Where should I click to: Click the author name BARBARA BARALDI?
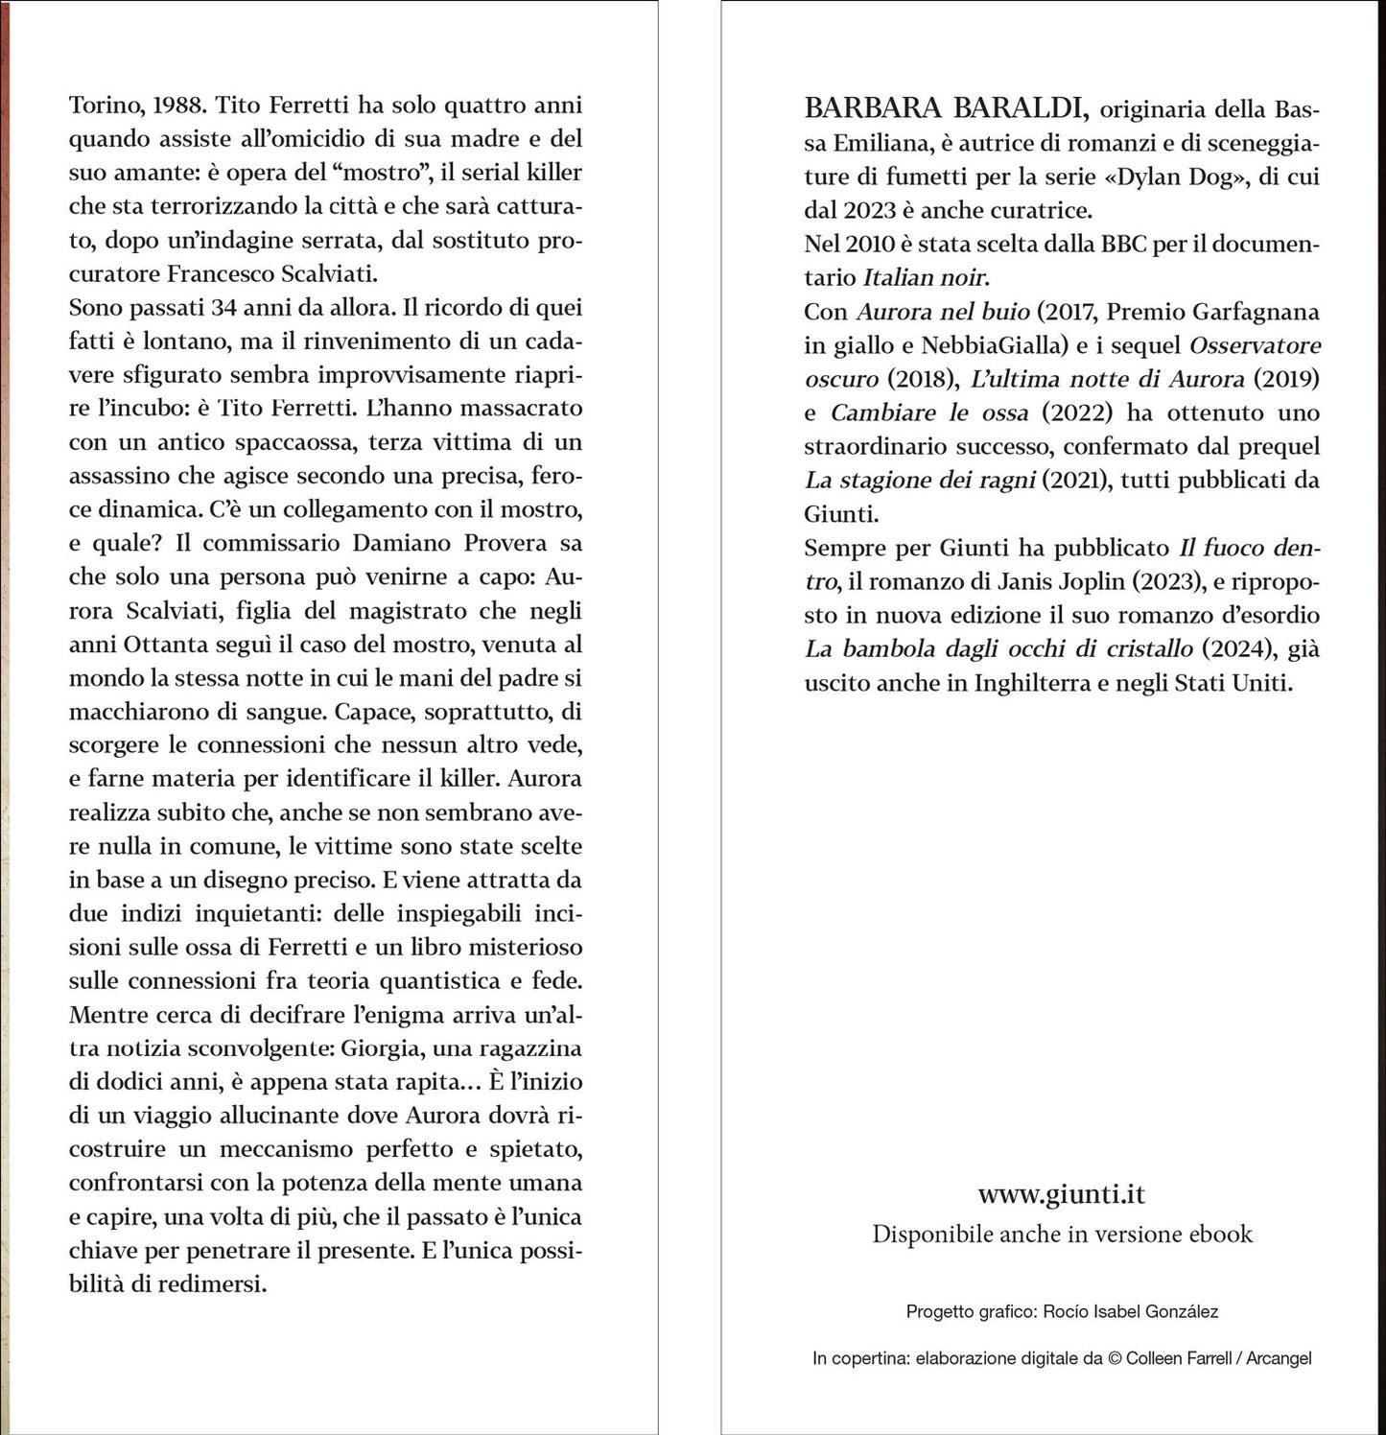click(x=946, y=108)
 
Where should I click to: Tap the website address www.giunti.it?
click(x=1062, y=1194)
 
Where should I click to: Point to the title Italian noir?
click(x=925, y=278)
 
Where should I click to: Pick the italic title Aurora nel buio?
click(x=942, y=312)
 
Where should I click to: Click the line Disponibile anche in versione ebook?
click(x=1062, y=1235)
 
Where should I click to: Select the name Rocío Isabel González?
click(x=1130, y=1311)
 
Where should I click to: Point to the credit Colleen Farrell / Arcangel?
click(x=1218, y=1358)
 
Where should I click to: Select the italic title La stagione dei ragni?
click(x=919, y=481)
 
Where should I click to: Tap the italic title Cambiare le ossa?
click(x=928, y=413)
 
